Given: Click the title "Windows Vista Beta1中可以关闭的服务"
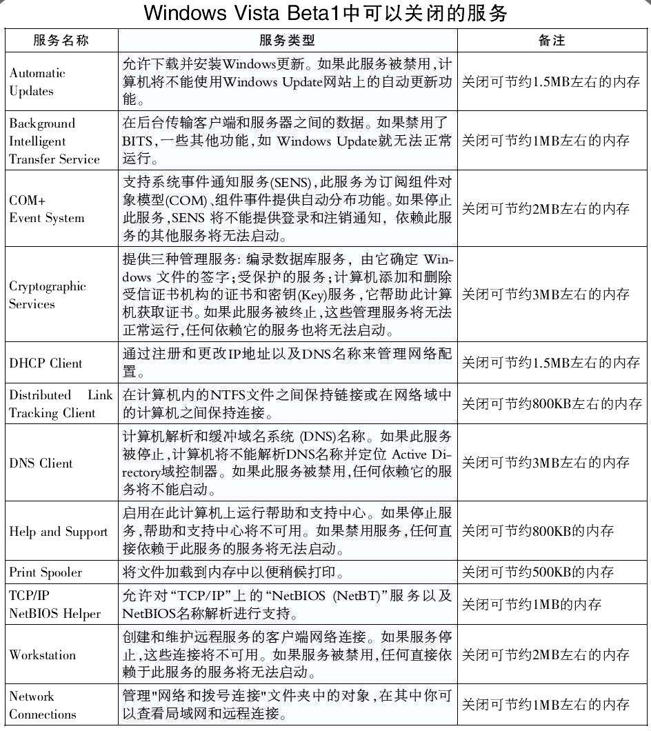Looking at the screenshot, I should pos(325,13).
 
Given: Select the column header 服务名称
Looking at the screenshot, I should pos(61,41).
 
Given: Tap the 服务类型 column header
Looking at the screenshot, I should pos(287,41).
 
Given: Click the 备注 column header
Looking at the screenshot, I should pos(552,41).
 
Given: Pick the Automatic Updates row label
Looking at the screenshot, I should pos(37,82).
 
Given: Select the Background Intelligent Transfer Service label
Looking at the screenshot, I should pos(54,141).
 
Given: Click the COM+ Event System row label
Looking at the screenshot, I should pos(46,209).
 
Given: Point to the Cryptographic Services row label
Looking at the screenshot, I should pos(47,295).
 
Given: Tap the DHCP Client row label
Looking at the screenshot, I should pos(46,363).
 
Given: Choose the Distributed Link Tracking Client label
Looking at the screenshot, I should pos(61,404).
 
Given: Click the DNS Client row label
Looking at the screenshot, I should pos(41,463).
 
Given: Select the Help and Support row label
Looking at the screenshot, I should pos(59,532).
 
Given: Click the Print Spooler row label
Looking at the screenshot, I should pos(46,572).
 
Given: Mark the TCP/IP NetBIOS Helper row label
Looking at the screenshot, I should pos(54,605).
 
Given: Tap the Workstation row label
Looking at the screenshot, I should pos(43,655).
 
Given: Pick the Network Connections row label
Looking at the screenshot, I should pos(42,705).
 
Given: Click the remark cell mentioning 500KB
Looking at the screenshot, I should pos(537,572).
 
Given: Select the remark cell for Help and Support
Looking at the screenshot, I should pos(537,532).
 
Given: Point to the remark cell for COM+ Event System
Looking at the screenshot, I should pos(545,209).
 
